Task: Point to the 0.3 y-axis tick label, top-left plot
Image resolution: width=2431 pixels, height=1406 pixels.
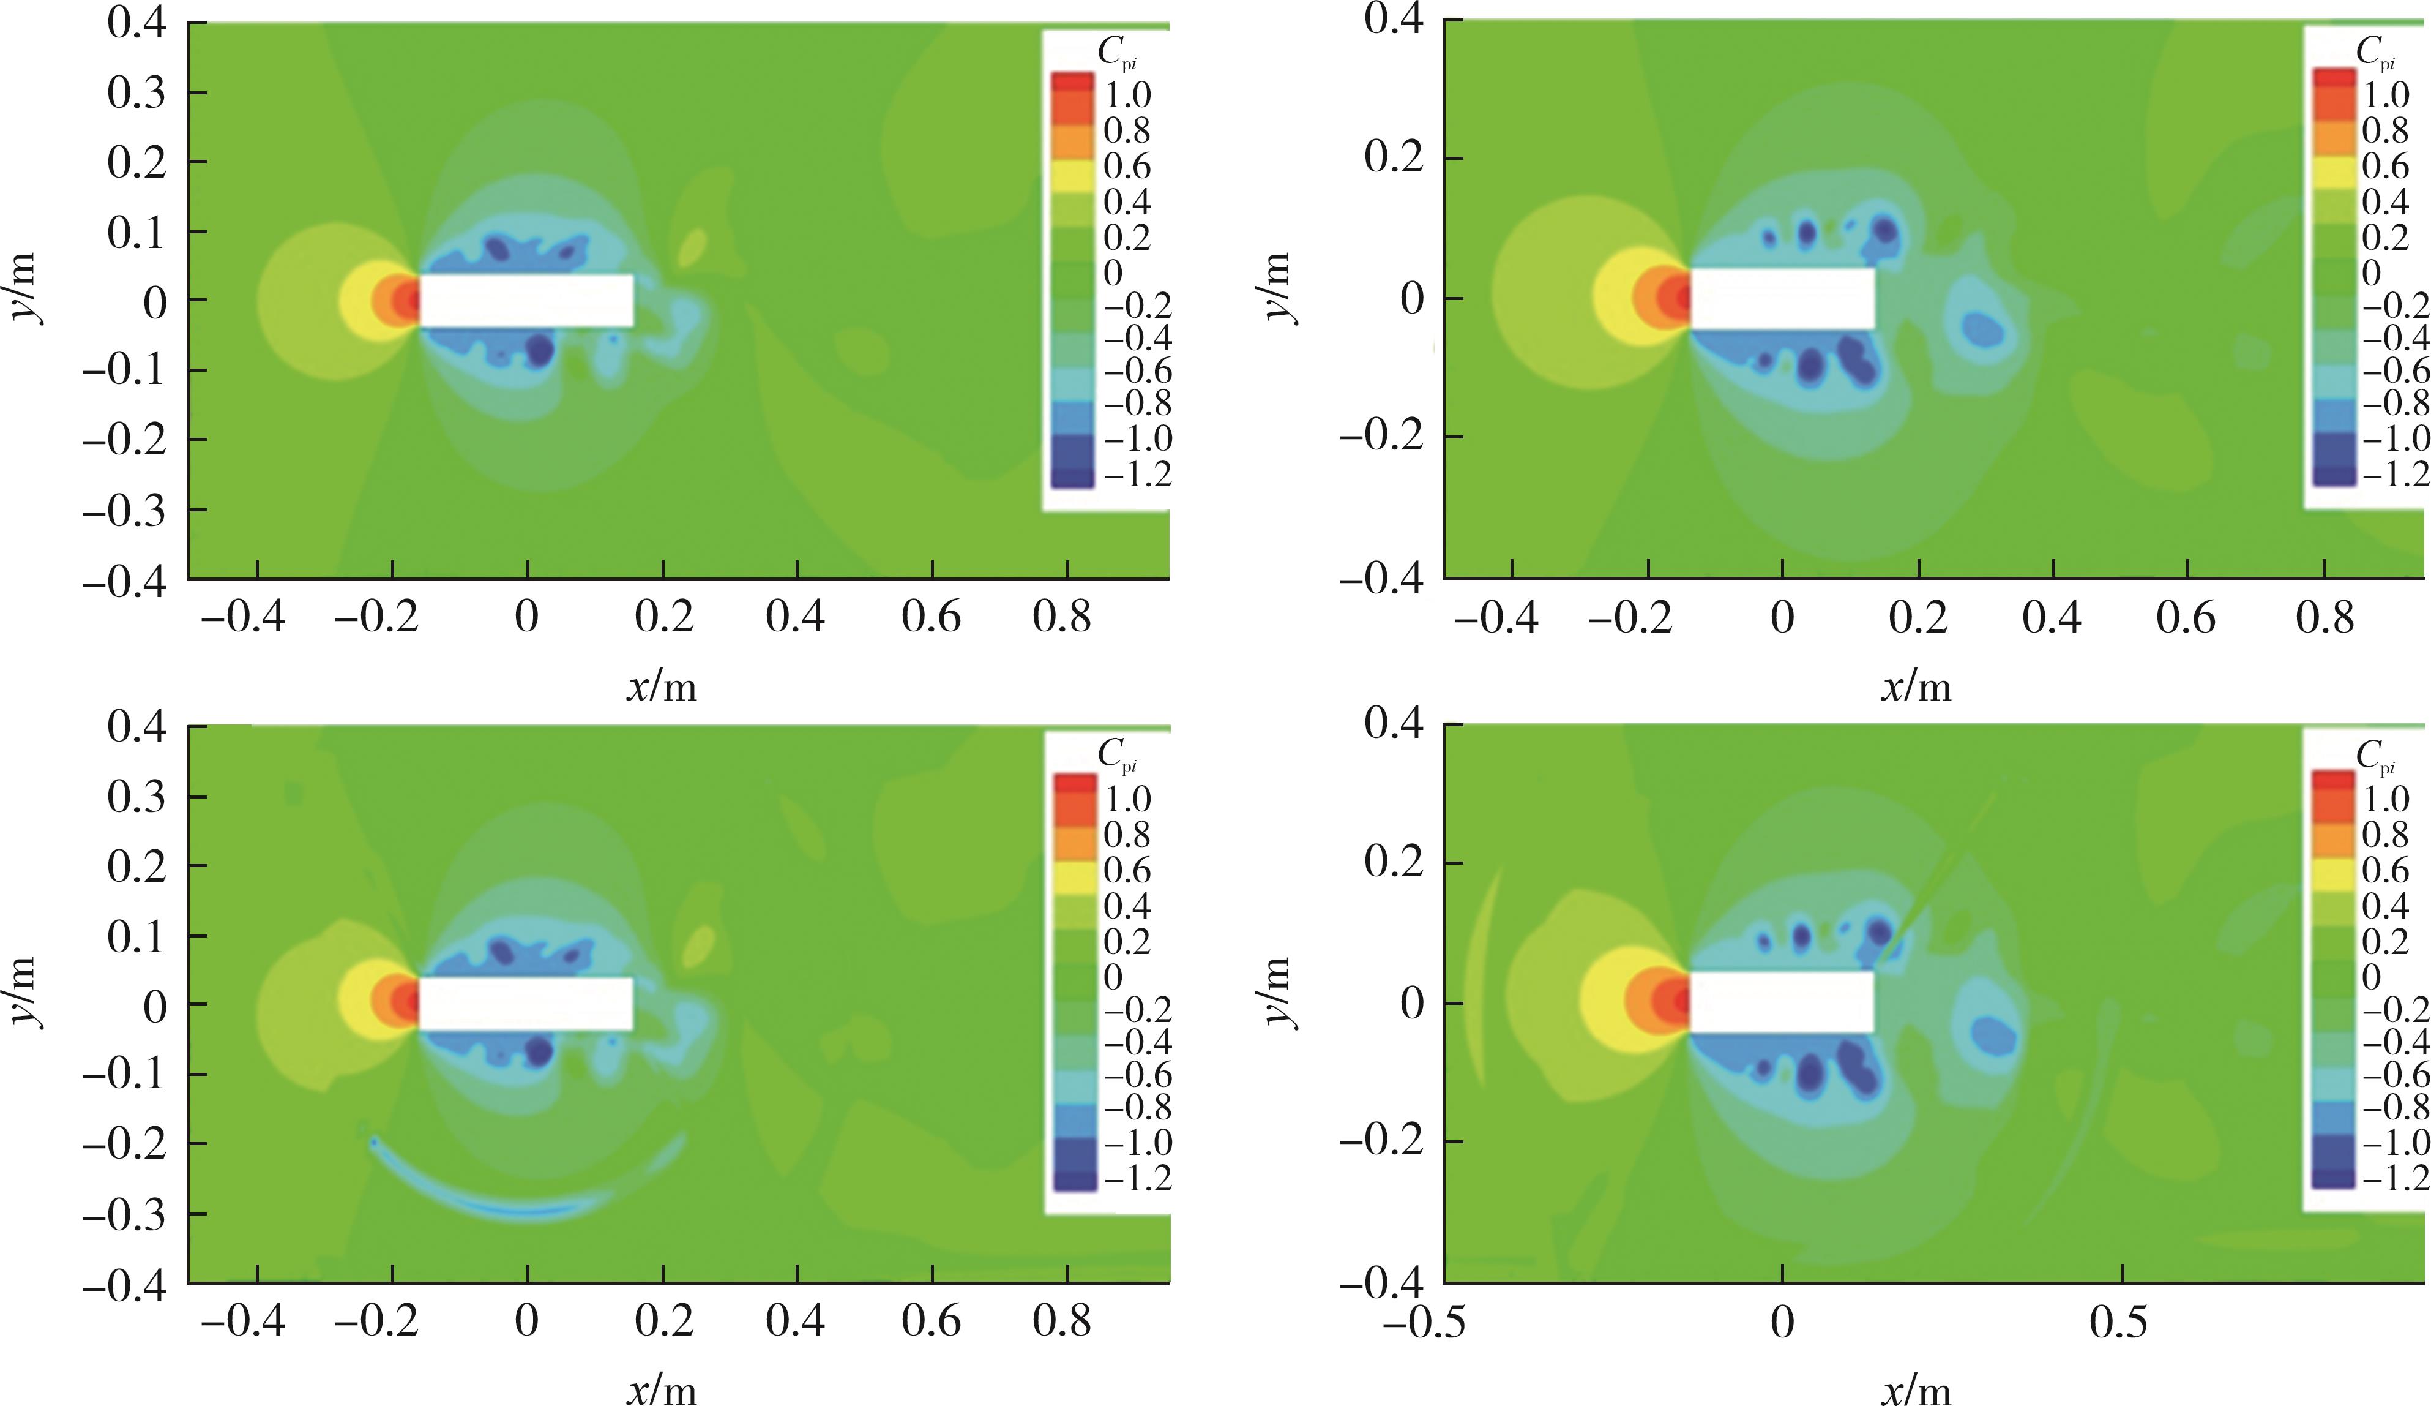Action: click(x=136, y=92)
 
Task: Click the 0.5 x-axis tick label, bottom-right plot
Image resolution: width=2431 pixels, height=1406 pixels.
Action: click(x=2118, y=1321)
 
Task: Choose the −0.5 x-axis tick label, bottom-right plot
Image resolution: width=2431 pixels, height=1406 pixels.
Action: click(x=1424, y=1321)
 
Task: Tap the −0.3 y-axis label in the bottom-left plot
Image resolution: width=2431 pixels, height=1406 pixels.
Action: click(x=124, y=1214)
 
